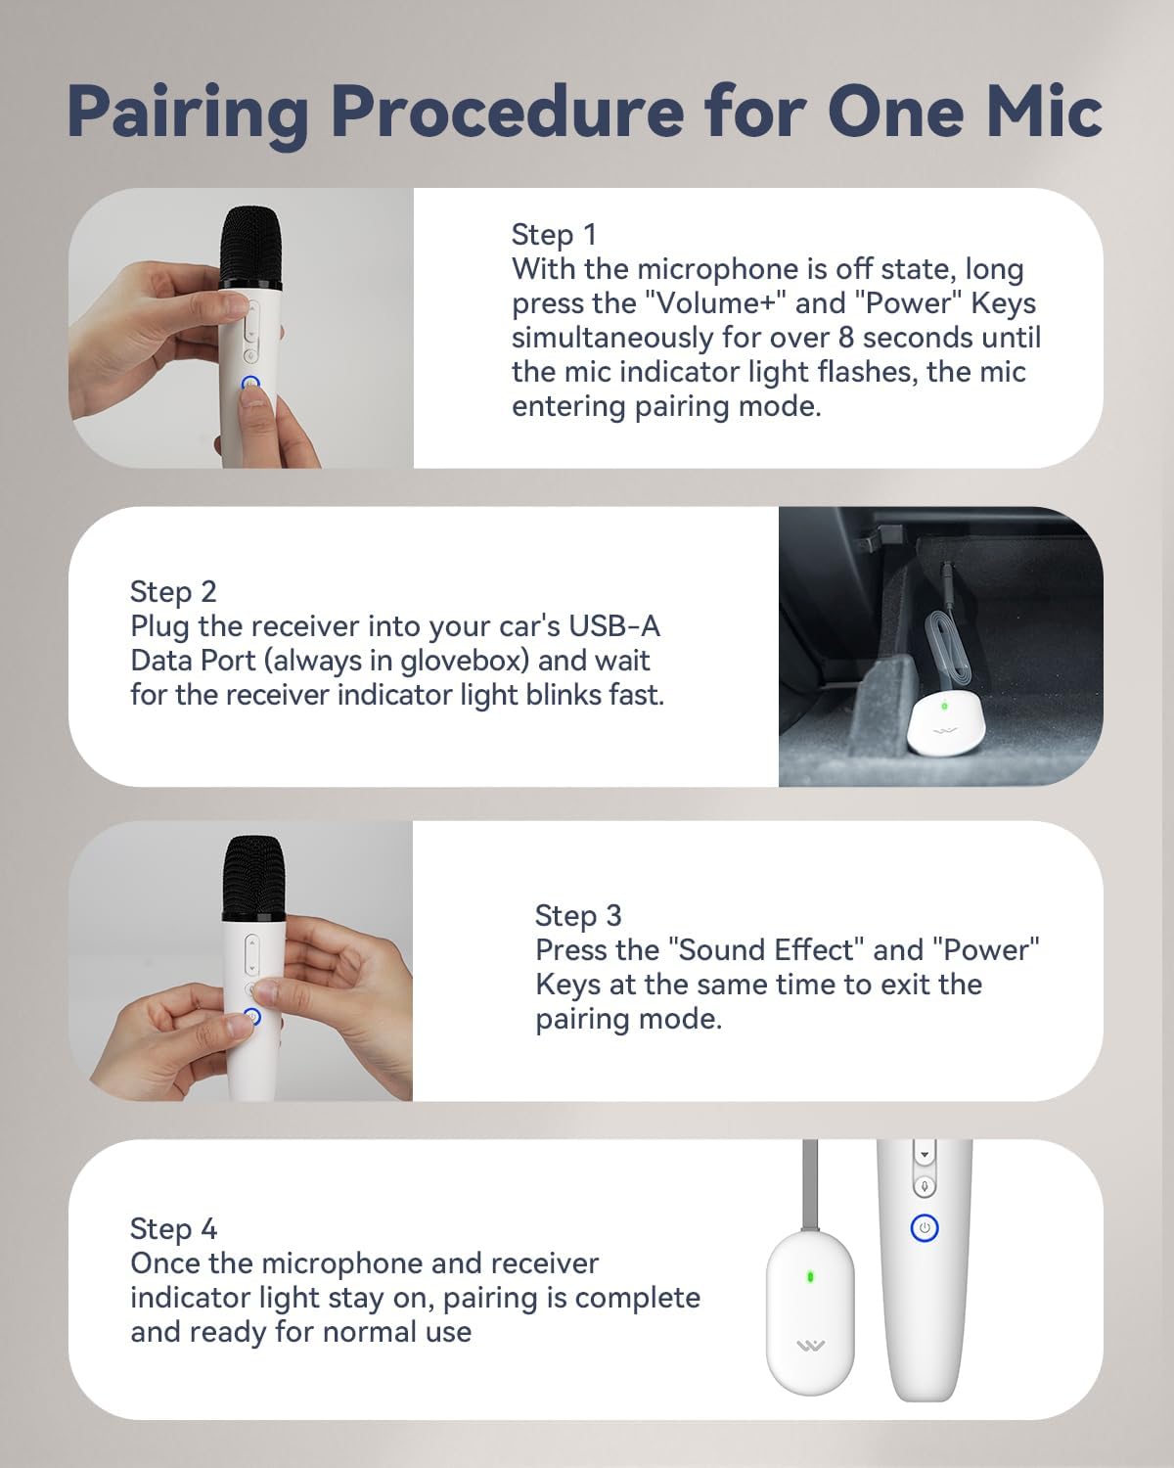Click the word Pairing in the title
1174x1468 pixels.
[x=187, y=113]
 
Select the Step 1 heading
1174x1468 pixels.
[x=554, y=235]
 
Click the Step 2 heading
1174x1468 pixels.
[x=173, y=592]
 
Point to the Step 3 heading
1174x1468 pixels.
[x=577, y=916]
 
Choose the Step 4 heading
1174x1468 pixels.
[x=173, y=1229]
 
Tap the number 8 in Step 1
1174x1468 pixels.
[x=847, y=338]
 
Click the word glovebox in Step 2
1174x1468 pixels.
[x=465, y=661]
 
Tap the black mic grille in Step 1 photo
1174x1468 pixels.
[x=250, y=245]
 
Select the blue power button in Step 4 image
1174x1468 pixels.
[x=925, y=1228]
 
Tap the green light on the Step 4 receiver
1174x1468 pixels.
[x=810, y=1276]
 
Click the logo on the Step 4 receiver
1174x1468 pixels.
[x=810, y=1347]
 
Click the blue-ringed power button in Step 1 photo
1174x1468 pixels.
[x=250, y=385]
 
